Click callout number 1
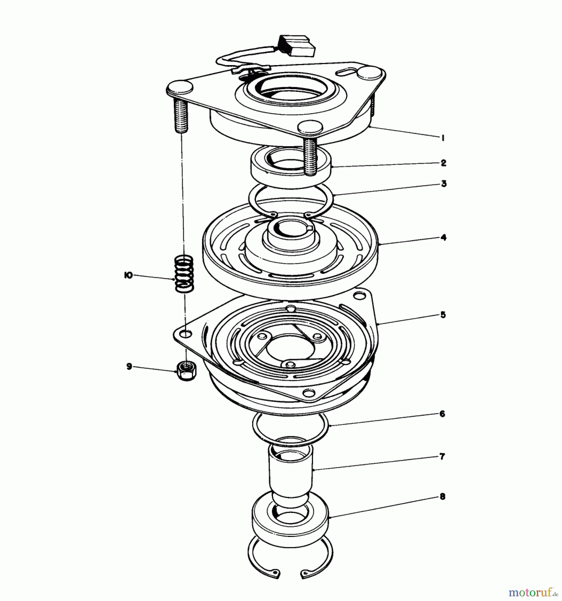[443, 138]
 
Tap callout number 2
[443, 163]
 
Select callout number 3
[444, 184]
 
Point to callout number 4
[443, 237]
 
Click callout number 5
[443, 315]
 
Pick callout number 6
[442, 414]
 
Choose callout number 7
[442, 456]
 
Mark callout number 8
[442, 496]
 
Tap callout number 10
[128, 275]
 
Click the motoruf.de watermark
[533, 593]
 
